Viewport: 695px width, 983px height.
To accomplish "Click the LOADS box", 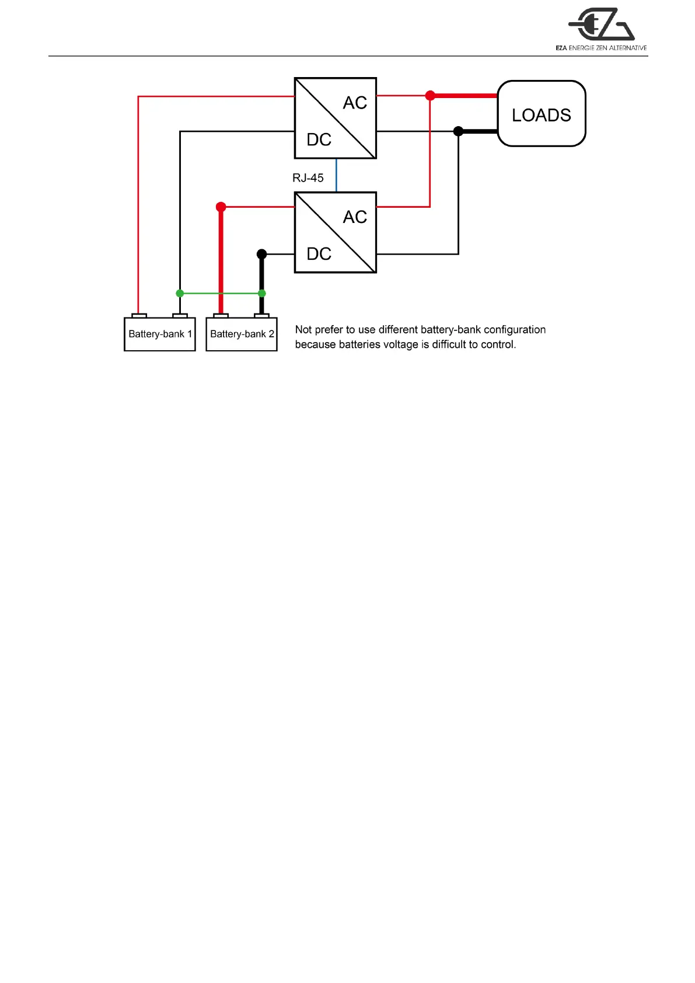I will [x=541, y=114].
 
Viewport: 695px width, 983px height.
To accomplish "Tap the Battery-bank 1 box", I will [x=159, y=334].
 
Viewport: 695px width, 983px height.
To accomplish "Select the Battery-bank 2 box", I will [x=242, y=334].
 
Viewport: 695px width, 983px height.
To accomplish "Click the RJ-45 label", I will [x=308, y=178].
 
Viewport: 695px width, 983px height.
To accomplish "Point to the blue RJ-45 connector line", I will [x=336, y=175].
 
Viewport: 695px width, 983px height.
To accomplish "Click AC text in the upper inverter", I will [x=355, y=103].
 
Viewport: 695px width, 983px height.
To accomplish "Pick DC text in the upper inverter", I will [x=319, y=140].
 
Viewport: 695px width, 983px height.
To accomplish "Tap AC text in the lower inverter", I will [x=355, y=217].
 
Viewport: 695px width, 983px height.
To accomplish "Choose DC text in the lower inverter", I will [x=319, y=254].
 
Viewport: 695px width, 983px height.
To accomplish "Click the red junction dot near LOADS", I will [x=430, y=96].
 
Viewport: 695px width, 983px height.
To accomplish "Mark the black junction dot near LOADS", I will [x=459, y=131].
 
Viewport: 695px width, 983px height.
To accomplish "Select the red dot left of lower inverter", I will [x=221, y=207].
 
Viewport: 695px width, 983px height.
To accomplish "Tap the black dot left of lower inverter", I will [x=262, y=254].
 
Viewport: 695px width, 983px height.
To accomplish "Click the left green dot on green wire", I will [x=180, y=293].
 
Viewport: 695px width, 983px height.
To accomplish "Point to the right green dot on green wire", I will [x=262, y=293].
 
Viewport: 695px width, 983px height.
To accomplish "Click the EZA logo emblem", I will [x=601, y=25].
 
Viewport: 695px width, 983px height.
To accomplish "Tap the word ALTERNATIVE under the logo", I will [x=628, y=48].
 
